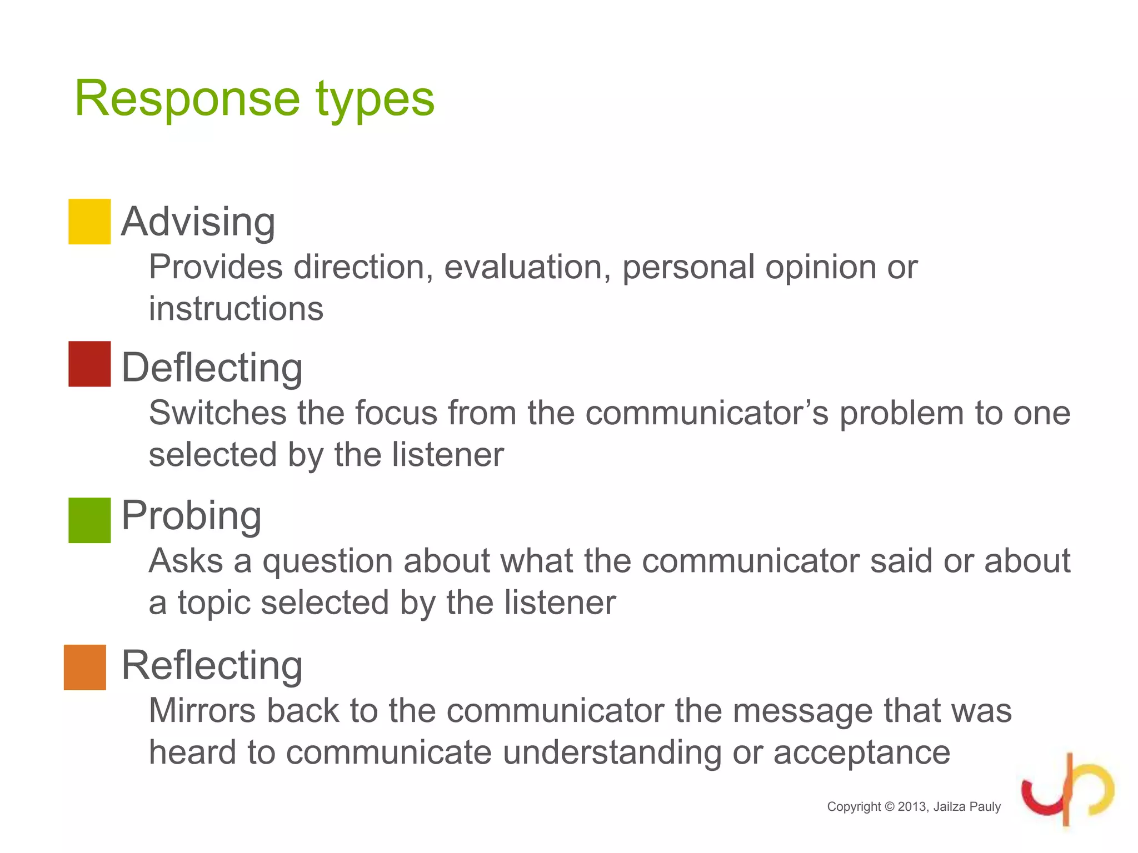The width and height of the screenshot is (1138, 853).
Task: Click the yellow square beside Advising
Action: [x=89, y=222]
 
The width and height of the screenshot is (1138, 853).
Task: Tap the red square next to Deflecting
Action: [x=89, y=364]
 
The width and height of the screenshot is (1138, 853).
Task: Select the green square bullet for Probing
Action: [x=89, y=520]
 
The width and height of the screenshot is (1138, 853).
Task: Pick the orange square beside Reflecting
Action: [x=85, y=667]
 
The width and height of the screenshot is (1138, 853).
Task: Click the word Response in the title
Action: [x=187, y=99]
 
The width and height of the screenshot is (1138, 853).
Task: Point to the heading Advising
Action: [x=198, y=222]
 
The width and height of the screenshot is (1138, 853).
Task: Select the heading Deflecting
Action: [x=212, y=368]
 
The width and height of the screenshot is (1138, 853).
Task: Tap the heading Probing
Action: [x=191, y=515]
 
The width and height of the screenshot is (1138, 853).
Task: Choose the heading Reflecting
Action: [x=212, y=665]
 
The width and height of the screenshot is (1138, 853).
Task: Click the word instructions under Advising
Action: [x=236, y=309]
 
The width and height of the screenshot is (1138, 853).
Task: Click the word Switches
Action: [x=218, y=413]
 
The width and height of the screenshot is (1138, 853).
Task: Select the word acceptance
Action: [x=862, y=753]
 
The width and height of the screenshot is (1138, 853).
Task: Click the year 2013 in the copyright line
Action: [x=912, y=807]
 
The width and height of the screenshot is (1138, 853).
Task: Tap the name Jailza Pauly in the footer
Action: [x=967, y=807]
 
